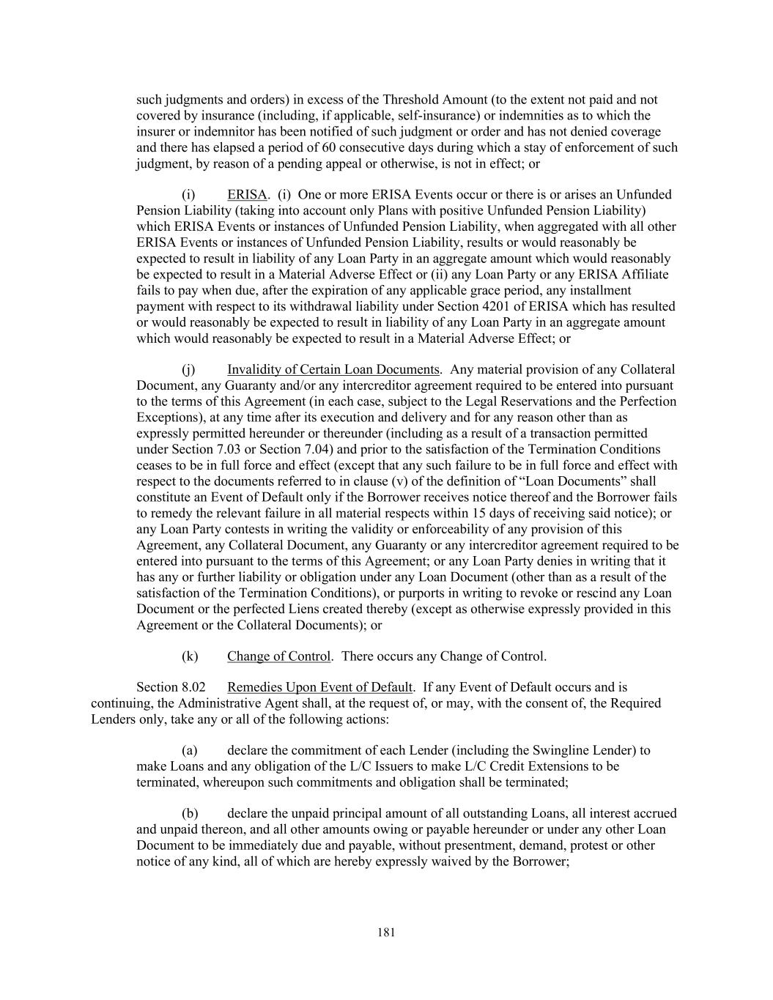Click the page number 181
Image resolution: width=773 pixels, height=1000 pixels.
(386, 933)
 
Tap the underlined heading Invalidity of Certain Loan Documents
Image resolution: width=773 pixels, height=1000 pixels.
(333, 369)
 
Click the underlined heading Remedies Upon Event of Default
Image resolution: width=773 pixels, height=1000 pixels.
(319, 687)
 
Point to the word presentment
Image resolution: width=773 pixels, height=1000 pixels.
(485, 845)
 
